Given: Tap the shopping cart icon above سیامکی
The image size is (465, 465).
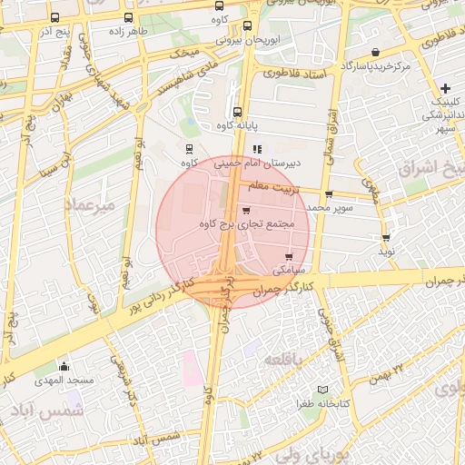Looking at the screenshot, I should coord(290,257).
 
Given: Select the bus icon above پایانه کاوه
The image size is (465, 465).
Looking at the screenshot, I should coord(237,112).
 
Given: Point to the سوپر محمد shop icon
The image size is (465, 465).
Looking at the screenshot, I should coord(329,194).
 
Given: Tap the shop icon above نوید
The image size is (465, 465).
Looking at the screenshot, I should coord(386,238).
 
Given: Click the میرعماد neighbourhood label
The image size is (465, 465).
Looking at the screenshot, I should coord(92,207).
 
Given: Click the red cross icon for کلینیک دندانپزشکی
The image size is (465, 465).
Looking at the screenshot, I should coord(445,88).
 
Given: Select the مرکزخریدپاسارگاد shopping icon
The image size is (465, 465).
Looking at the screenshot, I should coord(376,52).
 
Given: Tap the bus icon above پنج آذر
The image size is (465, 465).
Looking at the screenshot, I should coord(55,17).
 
